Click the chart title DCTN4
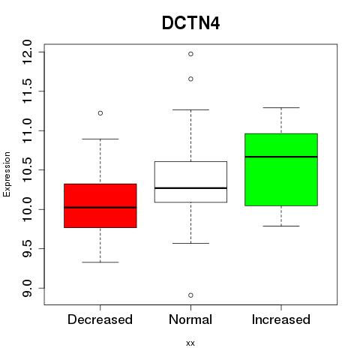(x=190, y=23)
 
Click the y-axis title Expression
(x=7, y=174)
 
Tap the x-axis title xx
(x=190, y=343)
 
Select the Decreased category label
(x=100, y=319)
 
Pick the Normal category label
(x=190, y=319)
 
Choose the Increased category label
(x=281, y=319)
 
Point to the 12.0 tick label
(x=27, y=52)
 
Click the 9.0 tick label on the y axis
(x=27, y=288)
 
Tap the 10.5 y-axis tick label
(x=27, y=170)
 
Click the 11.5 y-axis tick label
(x=27, y=91)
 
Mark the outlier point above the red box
(x=100, y=113)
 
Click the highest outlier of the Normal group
(x=190, y=54)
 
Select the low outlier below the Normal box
(x=190, y=295)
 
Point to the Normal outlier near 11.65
(x=190, y=79)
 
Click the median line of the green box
(x=281, y=157)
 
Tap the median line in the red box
(x=100, y=207)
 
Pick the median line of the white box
(x=190, y=187)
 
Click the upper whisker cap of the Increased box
(x=281, y=108)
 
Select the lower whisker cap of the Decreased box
(x=100, y=262)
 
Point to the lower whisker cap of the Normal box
(x=190, y=243)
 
